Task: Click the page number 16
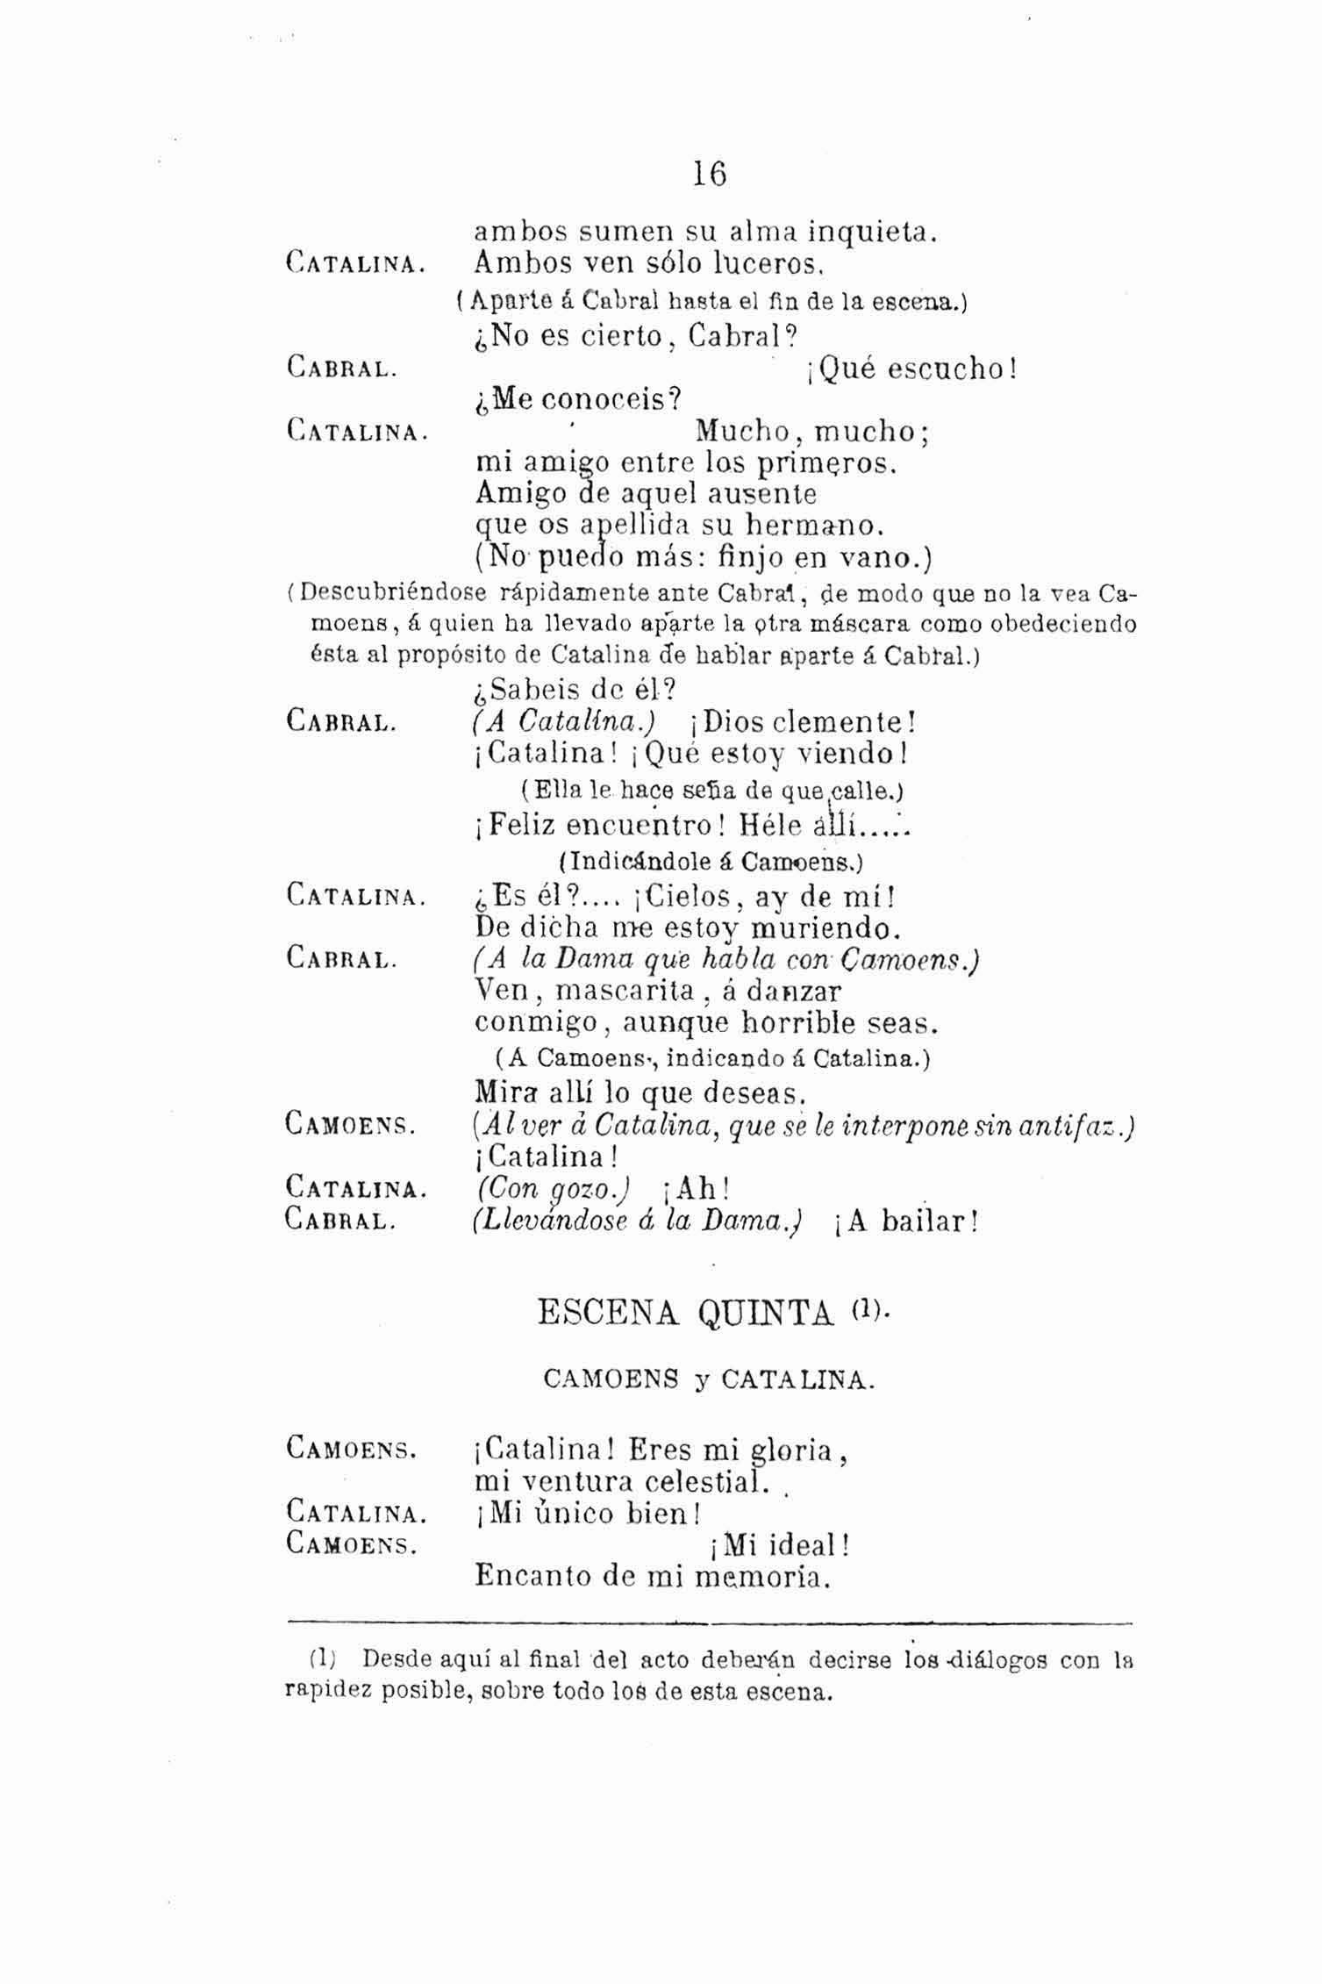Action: (x=709, y=174)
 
